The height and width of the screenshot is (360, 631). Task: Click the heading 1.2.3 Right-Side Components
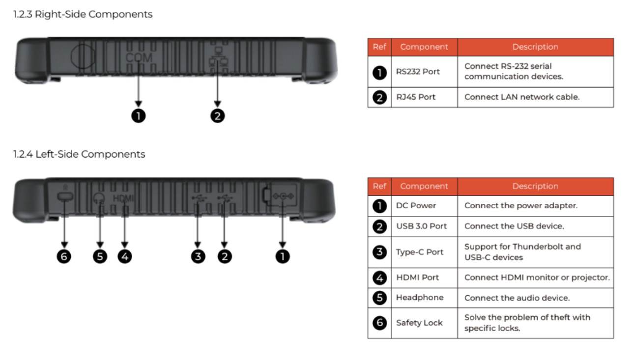click(83, 14)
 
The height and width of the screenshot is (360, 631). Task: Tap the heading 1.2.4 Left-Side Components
click(79, 154)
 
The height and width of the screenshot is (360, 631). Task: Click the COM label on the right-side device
click(139, 57)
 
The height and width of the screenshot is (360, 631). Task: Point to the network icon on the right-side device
click(218, 57)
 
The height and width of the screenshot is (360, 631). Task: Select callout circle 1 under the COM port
click(138, 116)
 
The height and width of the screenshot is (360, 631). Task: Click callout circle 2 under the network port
click(218, 116)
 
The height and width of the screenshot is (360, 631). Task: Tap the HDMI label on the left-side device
click(123, 198)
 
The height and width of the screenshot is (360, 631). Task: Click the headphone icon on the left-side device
click(99, 198)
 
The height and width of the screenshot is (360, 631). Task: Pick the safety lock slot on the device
click(65, 196)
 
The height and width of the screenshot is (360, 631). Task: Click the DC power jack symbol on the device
click(283, 196)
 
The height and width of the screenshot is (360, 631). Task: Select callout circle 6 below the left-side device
click(64, 256)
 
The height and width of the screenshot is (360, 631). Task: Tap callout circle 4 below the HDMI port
click(125, 256)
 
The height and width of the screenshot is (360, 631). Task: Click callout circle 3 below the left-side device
click(198, 256)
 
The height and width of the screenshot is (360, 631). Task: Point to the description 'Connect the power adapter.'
click(521, 206)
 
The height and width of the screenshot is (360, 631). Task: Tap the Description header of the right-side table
click(535, 47)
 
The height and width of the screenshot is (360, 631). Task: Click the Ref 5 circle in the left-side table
click(379, 298)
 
